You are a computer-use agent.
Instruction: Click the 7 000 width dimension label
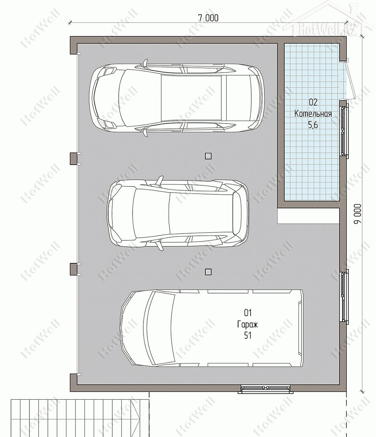208,18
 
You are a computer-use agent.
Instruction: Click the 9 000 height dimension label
358,214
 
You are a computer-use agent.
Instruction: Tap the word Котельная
313,114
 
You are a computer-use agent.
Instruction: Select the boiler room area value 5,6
313,125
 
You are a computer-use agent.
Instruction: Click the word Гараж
248,324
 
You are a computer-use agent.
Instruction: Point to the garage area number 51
248,336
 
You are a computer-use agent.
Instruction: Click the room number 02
313,102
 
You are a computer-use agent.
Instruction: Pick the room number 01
248,313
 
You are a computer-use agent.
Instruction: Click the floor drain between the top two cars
208,156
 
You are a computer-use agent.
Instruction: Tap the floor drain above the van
208,272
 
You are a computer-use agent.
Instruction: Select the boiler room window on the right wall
344,129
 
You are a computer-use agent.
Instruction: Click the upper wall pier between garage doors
73,158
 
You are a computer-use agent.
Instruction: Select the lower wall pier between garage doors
73,269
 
